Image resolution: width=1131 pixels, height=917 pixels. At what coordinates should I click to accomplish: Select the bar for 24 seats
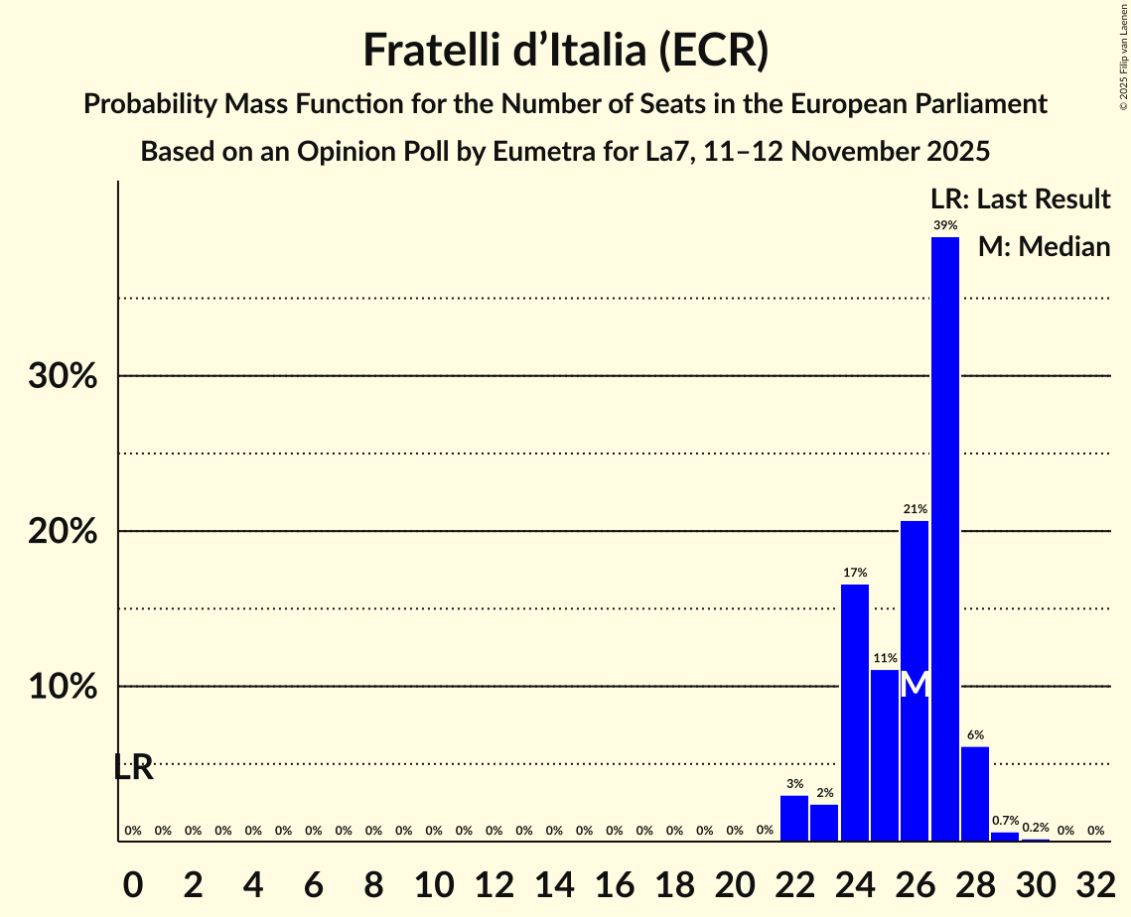coord(854,713)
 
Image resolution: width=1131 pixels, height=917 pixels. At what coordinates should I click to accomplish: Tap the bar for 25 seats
coord(884,755)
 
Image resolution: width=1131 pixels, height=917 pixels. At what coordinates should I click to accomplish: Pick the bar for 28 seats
coord(975,794)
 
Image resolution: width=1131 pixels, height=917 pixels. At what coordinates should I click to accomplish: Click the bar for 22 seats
coord(793,819)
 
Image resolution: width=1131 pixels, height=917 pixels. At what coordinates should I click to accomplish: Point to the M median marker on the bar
coord(915,685)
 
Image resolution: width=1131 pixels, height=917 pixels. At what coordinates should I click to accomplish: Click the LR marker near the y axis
coord(133,767)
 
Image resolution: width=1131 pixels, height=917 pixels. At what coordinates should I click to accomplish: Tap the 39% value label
coord(944,225)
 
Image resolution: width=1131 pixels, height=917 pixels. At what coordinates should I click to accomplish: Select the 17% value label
coord(854,573)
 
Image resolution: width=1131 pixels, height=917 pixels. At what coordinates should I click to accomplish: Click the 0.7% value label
coord(1005,821)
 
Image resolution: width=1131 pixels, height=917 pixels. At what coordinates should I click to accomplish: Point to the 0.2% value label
coord(1035,828)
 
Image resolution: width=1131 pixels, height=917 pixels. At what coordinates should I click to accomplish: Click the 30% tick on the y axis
coord(62,377)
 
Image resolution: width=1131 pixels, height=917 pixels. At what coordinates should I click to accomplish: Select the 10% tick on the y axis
coord(62,687)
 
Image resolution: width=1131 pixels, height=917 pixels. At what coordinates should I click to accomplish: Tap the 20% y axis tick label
coord(62,532)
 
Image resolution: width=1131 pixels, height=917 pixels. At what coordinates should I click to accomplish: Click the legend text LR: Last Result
coord(1020,199)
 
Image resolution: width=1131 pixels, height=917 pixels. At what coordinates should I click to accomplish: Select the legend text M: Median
coord(1044,247)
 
